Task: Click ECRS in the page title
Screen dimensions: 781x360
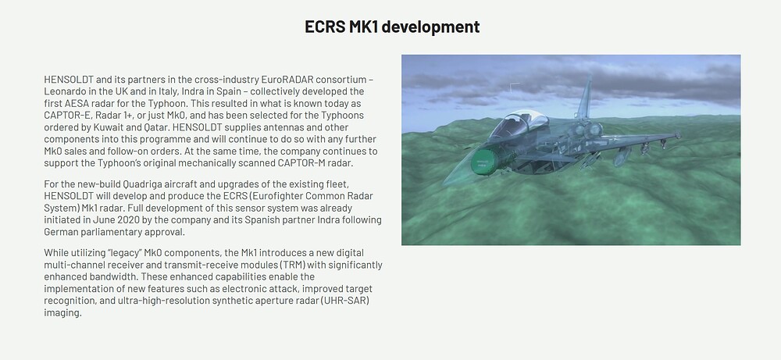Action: (324, 27)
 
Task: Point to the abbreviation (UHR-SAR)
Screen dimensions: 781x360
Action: (345, 301)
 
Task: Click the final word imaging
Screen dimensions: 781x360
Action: (62, 313)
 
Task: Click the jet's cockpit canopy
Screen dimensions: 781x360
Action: (518, 123)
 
